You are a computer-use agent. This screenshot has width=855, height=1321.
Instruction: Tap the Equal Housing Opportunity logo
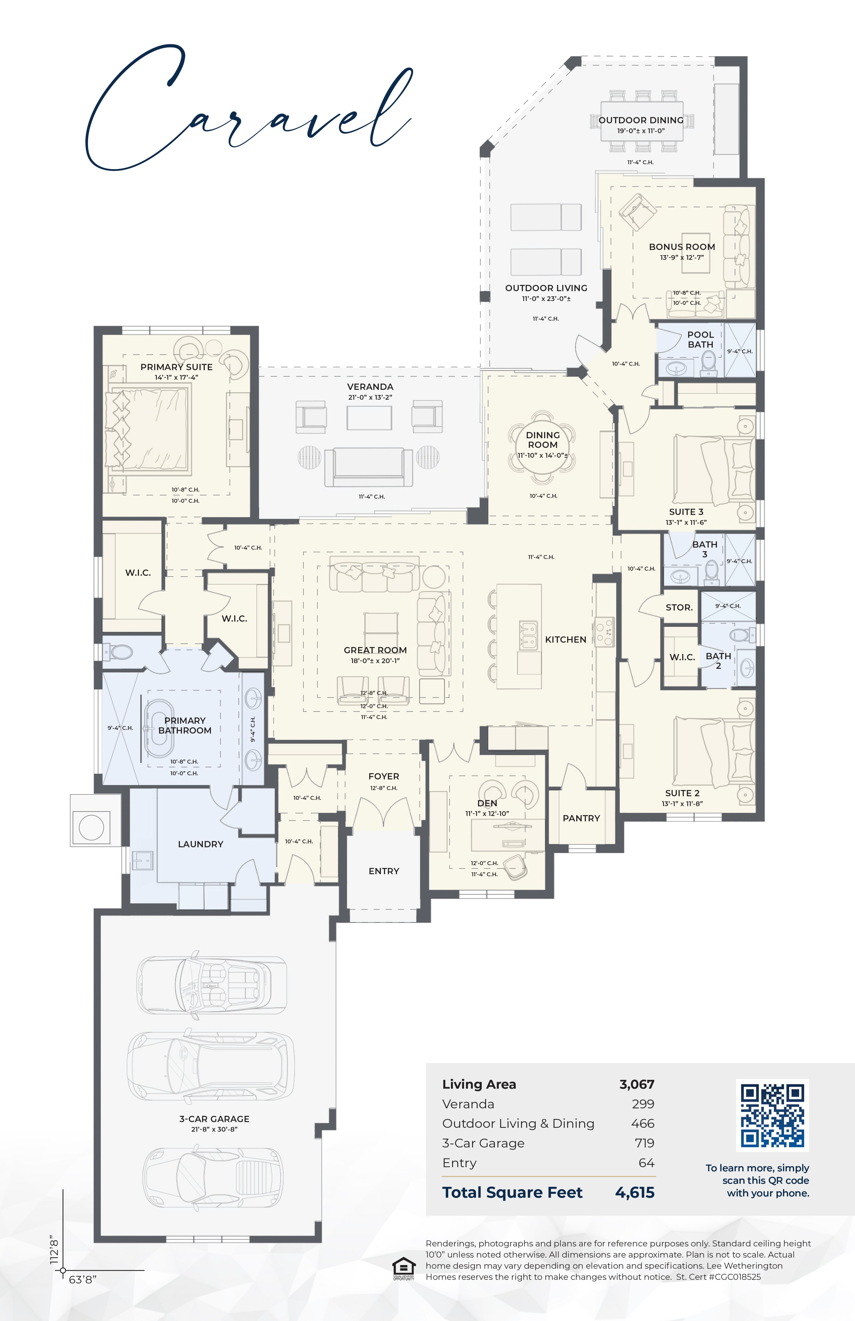click(x=404, y=1269)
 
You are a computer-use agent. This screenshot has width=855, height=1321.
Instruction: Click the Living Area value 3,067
click(x=637, y=1084)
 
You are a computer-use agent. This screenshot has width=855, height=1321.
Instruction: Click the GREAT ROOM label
click(x=375, y=650)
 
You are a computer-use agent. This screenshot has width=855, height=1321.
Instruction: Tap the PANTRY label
click(x=581, y=818)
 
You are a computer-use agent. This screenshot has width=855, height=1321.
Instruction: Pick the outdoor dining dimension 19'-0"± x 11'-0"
click(x=641, y=131)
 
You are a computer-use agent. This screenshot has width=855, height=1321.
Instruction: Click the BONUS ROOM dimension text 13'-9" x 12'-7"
click(x=682, y=257)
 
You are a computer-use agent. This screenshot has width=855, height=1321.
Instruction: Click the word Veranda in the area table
click(x=468, y=1104)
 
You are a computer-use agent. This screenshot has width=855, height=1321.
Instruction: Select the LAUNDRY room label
click(x=201, y=844)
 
